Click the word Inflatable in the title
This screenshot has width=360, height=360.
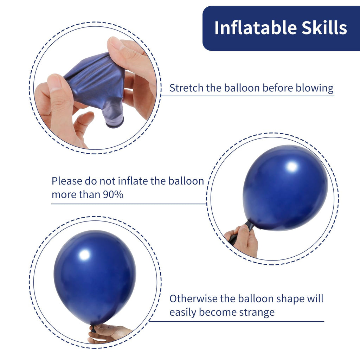point(255,28)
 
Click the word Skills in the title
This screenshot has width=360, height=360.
point(324,28)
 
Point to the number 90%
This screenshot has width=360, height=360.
point(113,195)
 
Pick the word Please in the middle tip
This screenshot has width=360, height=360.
point(67,181)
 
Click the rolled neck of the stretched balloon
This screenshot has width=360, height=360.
point(115,122)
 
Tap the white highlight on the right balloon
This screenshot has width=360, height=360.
point(292,167)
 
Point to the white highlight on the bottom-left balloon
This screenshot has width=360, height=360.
point(84,255)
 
